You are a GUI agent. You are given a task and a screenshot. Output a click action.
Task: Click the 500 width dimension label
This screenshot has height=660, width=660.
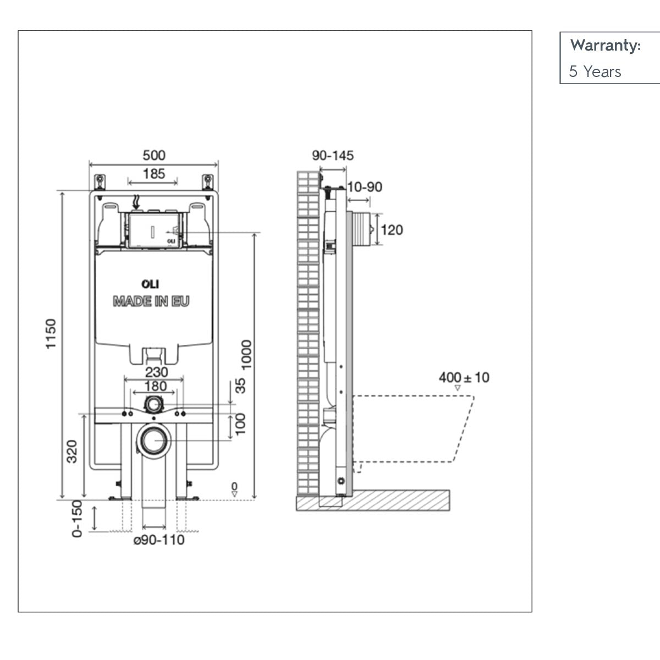153,156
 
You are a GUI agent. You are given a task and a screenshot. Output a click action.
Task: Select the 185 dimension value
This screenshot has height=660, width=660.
153,174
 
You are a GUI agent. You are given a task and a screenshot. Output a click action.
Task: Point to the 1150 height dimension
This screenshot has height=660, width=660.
51,333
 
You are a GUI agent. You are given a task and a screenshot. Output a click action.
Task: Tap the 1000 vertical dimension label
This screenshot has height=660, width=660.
246,355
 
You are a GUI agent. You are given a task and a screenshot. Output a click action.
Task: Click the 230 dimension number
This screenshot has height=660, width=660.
156,372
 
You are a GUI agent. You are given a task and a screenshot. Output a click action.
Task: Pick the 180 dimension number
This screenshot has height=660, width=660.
155,386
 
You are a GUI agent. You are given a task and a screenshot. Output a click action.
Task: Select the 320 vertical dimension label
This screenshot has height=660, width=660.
71,451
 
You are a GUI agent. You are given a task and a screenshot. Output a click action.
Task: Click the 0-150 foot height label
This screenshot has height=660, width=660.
77,518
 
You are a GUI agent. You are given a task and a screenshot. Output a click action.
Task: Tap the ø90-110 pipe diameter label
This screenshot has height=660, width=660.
159,540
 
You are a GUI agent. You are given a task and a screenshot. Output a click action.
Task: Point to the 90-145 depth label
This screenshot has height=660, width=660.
333,156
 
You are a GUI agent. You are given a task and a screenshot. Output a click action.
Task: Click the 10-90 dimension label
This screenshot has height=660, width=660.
364,187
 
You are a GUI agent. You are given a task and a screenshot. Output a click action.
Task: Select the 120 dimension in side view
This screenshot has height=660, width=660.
392,229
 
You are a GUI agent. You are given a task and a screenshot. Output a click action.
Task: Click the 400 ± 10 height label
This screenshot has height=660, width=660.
464,378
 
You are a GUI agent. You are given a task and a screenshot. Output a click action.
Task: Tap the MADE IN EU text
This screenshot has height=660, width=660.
151,301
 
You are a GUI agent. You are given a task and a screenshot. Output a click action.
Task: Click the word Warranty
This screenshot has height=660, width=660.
605,45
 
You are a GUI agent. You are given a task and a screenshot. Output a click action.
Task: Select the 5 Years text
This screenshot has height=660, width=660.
595,71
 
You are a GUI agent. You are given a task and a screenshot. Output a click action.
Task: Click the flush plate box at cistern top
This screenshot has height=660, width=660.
153,229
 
